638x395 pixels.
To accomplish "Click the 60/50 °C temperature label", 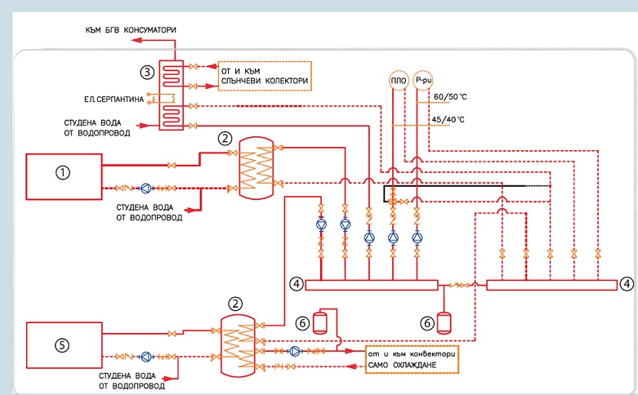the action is point(450,97).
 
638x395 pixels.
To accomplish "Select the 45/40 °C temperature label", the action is point(448,119).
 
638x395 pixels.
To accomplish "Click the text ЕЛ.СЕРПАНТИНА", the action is point(114,99).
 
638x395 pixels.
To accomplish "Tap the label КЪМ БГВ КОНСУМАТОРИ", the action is point(131,30).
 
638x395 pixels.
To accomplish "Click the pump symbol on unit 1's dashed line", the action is point(145,189).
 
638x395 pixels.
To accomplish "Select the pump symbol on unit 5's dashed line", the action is point(146,357).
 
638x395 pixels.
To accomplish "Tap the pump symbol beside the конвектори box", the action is point(295,351).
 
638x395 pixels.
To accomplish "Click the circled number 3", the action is point(147,73).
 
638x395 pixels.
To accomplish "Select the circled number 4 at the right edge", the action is point(627,284).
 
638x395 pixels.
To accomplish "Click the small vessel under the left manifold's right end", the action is point(443,323).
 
